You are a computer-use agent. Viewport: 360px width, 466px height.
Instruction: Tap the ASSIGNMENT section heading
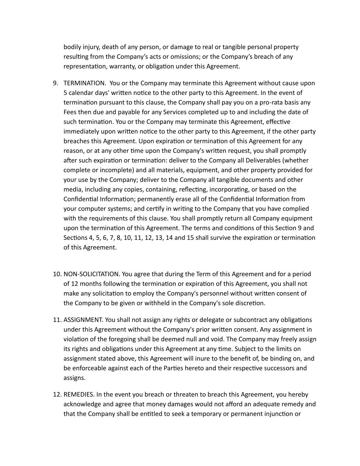tap(83, 320)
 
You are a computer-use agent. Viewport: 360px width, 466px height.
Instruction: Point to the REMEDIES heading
tap(79, 394)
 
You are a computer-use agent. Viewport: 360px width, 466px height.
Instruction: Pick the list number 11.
tap(57, 320)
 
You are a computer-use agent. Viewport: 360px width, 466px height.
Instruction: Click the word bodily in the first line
tap(72, 47)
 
